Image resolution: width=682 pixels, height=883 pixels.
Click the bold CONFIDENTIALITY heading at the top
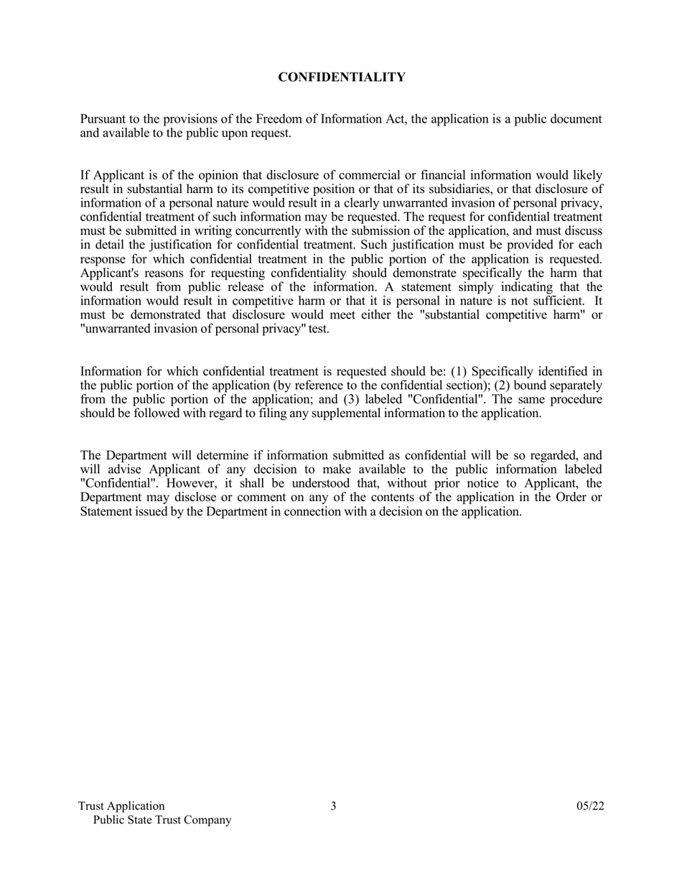click(342, 77)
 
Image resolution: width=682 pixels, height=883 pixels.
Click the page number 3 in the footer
click(333, 805)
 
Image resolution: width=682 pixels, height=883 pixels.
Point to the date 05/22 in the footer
click(590, 806)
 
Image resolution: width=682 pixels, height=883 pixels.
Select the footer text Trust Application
click(121, 806)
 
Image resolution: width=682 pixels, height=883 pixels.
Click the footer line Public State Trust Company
click(162, 820)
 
